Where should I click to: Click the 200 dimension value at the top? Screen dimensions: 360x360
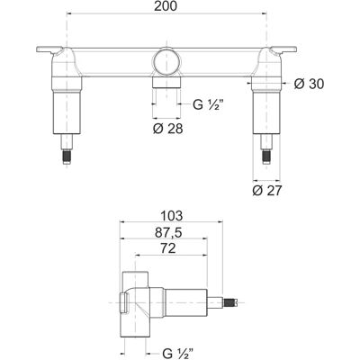(x=166, y=6)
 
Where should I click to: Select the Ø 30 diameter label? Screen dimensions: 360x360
(x=309, y=85)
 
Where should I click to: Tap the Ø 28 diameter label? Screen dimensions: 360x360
(x=167, y=129)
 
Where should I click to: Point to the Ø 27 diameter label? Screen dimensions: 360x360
(x=267, y=191)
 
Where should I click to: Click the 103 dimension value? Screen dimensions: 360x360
(x=171, y=215)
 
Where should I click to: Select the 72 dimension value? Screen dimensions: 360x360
(x=168, y=248)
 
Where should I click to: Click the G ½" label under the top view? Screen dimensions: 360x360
(x=208, y=105)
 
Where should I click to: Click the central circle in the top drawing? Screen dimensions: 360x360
(x=166, y=60)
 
